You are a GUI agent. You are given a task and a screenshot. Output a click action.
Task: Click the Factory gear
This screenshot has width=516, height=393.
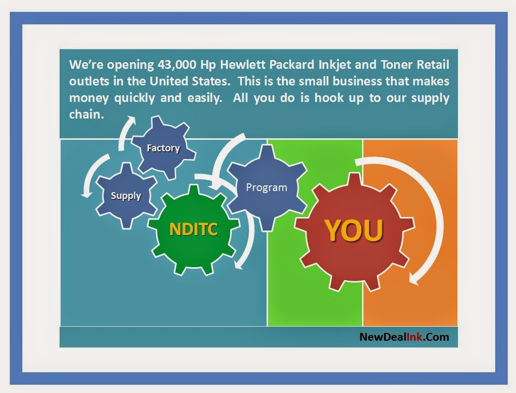coord(163,148)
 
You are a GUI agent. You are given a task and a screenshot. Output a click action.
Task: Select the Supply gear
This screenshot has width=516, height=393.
coord(126,196)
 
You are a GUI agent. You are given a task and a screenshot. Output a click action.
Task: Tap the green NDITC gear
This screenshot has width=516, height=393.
coord(193,229)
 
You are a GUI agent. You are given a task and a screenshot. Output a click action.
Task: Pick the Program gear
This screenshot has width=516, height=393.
coord(267,187)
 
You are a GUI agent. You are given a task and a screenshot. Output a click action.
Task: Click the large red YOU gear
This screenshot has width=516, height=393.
coord(354,231)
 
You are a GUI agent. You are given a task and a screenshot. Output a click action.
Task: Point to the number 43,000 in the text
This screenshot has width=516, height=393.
coord(177,64)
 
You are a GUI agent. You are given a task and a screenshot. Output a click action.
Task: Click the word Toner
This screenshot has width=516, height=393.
coord(397,64)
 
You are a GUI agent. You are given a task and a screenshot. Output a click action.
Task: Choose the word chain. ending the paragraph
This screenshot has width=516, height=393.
coord(87,114)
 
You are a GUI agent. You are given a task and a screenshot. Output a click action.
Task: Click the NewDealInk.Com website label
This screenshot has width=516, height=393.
coord(404,337)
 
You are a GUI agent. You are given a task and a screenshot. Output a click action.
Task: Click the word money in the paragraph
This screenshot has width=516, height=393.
coord(89,98)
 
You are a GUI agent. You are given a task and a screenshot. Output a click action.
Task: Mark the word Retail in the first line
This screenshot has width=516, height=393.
coord(433,64)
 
